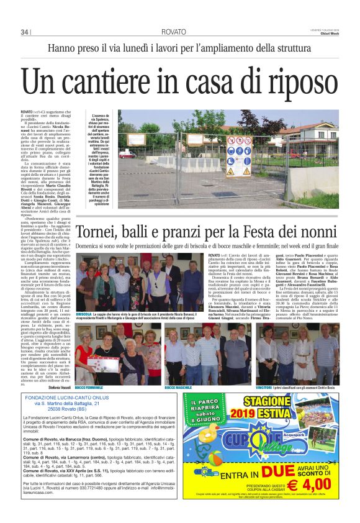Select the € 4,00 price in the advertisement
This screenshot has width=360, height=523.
[312, 481]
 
